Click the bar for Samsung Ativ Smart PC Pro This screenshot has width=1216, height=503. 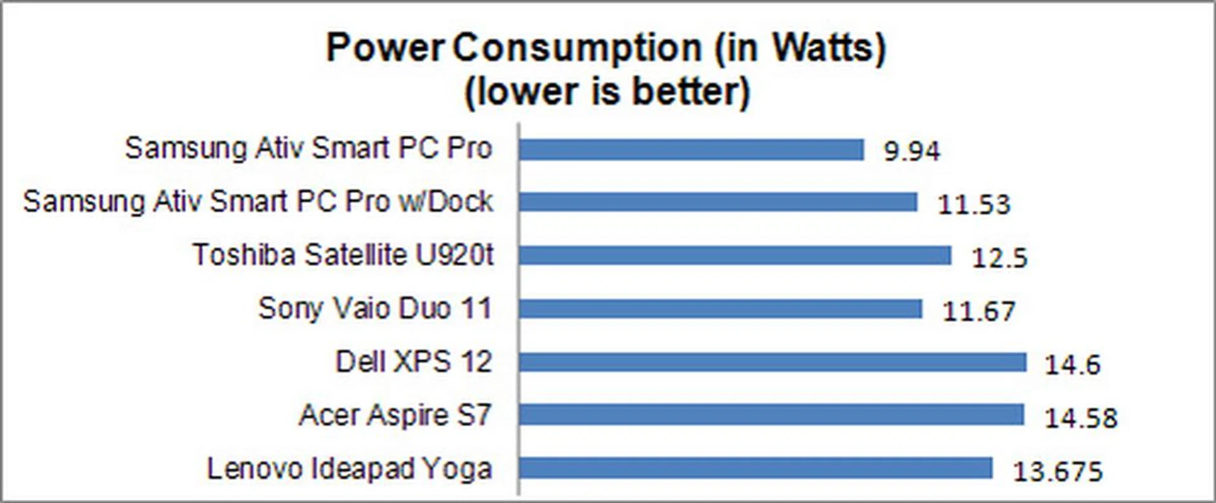click(x=691, y=150)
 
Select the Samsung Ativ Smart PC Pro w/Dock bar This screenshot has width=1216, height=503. click(x=718, y=203)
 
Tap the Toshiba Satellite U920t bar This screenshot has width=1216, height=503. click(x=735, y=256)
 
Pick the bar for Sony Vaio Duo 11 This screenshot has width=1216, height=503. click(x=720, y=309)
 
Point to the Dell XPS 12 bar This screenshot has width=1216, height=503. click(x=772, y=362)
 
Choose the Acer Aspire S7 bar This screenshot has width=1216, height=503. click(x=771, y=416)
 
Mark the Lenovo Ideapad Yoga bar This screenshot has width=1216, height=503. click(x=755, y=469)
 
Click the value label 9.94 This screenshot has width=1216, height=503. click(x=912, y=151)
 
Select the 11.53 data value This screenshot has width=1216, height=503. click(x=973, y=205)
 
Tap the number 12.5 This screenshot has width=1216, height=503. click(x=999, y=258)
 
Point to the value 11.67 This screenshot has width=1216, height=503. click(x=978, y=311)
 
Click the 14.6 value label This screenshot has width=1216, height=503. click(x=1072, y=364)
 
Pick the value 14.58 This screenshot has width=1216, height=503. click(x=1080, y=418)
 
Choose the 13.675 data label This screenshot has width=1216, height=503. click(x=1058, y=471)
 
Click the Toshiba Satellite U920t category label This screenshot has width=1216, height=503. click(x=343, y=255)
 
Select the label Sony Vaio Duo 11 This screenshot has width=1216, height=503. click(x=375, y=309)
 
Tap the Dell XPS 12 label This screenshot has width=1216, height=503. click(x=414, y=362)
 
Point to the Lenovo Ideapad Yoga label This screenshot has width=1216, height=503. click(x=350, y=469)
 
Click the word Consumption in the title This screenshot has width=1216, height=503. click(x=577, y=48)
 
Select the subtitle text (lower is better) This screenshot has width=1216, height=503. click(x=607, y=92)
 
